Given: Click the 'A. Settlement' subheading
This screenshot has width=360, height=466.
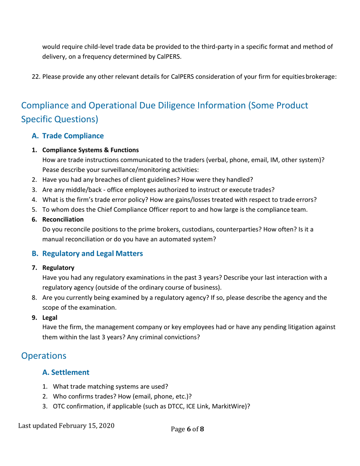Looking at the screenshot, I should [66, 372].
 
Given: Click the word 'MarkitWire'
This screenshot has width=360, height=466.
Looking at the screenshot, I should [229, 407].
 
